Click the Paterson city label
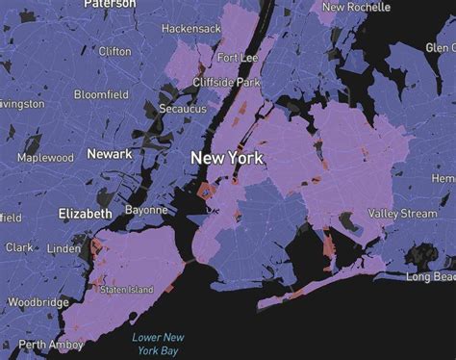[x=110, y=4]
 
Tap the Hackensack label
[x=191, y=30]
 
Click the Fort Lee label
[x=238, y=59]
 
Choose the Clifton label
[x=114, y=51]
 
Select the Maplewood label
[x=45, y=157]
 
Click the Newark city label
[x=110, y=154]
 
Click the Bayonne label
[x=146, y=210]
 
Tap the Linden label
[x=64, y=249]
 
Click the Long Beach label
[x=430, y=277]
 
